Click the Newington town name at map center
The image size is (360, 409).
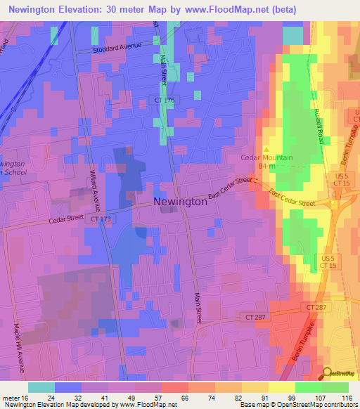point(180,202)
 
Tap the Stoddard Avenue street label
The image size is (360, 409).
point(118,48)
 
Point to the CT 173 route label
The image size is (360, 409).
point(101,220)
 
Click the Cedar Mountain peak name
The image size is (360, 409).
point(266,158)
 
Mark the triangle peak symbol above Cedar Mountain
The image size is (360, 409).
point(266,148)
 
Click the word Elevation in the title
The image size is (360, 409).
point(84,10)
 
